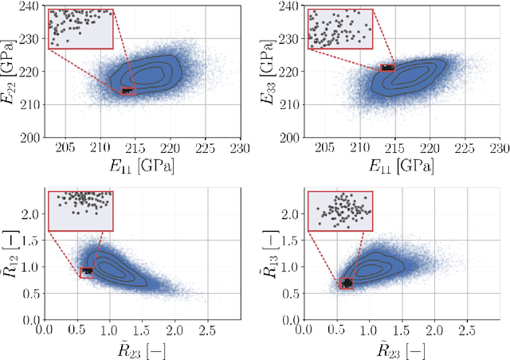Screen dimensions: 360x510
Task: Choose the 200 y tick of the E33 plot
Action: [x=290, y=137]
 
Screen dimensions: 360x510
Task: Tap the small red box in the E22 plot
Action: [x=128, y=92]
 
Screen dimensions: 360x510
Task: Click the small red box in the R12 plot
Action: [x=87, y=272]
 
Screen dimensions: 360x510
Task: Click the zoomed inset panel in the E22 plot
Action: [x=80, y=29]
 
